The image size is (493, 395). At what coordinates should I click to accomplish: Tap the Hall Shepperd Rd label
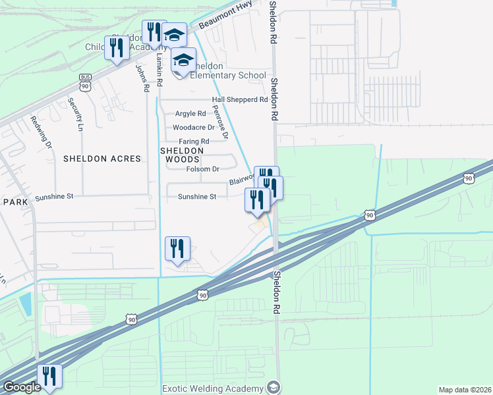click(239, 100)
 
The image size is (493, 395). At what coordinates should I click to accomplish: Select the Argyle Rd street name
click(190, 114)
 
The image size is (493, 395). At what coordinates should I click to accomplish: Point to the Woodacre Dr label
click(194, 128)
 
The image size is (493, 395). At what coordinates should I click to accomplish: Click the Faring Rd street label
click(194, 142)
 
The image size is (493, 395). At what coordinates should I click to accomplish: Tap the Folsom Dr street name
click(202, 169)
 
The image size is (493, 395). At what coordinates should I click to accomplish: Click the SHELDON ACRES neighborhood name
click(102, 159)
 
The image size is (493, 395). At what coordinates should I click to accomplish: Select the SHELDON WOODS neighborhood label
click(180, 155)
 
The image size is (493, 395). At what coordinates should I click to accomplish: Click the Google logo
click(22, 387)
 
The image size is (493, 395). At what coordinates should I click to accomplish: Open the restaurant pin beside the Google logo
click(49, 376)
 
